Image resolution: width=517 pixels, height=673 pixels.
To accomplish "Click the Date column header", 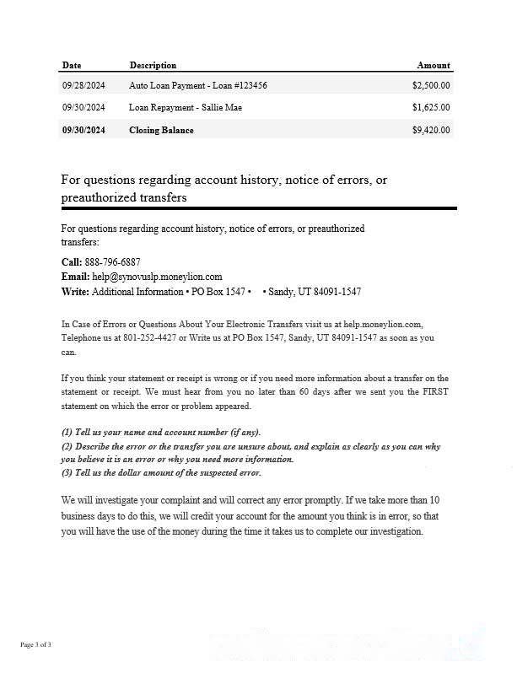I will [x=72, y=65].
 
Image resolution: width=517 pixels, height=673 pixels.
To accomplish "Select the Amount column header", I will [x=434, y=65].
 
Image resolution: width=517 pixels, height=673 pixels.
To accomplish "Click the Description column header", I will [x=153, y=65].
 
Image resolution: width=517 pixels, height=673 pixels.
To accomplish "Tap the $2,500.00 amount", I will [x=431, y=85].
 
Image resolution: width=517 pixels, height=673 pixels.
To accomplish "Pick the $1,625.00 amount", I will [x=431, y=107].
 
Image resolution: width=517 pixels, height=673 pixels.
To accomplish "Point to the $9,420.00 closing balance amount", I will [x=431, y=130].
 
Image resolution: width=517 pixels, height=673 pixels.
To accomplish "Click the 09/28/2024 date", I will [x=83, y=85].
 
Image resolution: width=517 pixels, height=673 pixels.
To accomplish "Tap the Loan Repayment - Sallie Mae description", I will [x=186, y=107].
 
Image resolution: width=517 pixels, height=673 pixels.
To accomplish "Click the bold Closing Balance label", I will [x=161, y=130].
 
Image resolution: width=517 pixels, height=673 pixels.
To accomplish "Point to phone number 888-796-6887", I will [x=113, y=262].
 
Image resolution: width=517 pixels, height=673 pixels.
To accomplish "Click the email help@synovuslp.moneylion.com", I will [x=157, y=277].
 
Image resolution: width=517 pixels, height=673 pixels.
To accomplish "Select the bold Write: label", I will [x=75, y=291].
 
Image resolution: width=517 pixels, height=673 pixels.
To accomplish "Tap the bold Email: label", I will [x=75, y=277].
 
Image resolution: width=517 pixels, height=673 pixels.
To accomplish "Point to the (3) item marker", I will [x=67, y=472].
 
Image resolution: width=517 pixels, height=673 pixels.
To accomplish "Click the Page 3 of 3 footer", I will [x=36, y=645].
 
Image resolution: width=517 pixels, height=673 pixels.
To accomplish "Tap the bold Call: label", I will [x=72, y=262].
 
